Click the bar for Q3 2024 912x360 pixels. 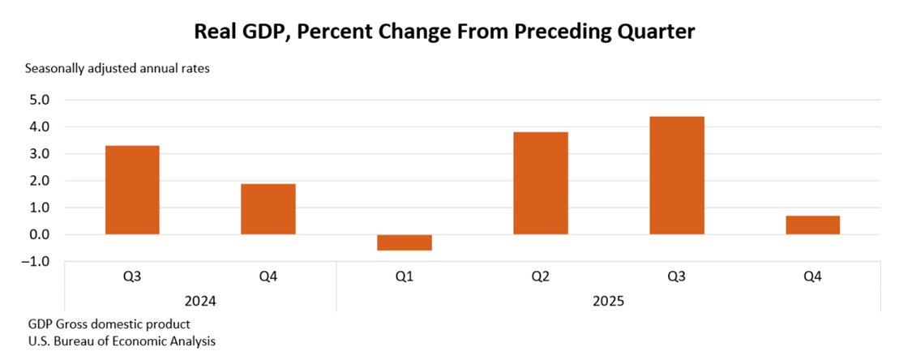pos(132,190)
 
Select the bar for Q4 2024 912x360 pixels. pos(268,209)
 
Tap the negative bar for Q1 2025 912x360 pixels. pos(404,242)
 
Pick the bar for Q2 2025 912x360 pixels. pos(540,183)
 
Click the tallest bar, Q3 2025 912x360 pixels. pos(676,175)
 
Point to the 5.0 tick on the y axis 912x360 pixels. pos(40,100)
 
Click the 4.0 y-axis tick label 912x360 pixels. pos(40,127)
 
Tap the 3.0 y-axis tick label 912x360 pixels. pos(40,154)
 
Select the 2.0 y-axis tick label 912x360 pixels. pos(40,181)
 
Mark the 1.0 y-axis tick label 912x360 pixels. pos(40,208)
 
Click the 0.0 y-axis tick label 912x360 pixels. pos(40,234)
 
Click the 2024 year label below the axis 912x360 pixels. pos(200,301)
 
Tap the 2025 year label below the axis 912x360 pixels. pos(608,301)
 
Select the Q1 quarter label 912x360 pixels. pos(404,277)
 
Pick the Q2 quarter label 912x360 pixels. pos(540,277)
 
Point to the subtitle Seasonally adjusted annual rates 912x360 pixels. pos(118,69)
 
